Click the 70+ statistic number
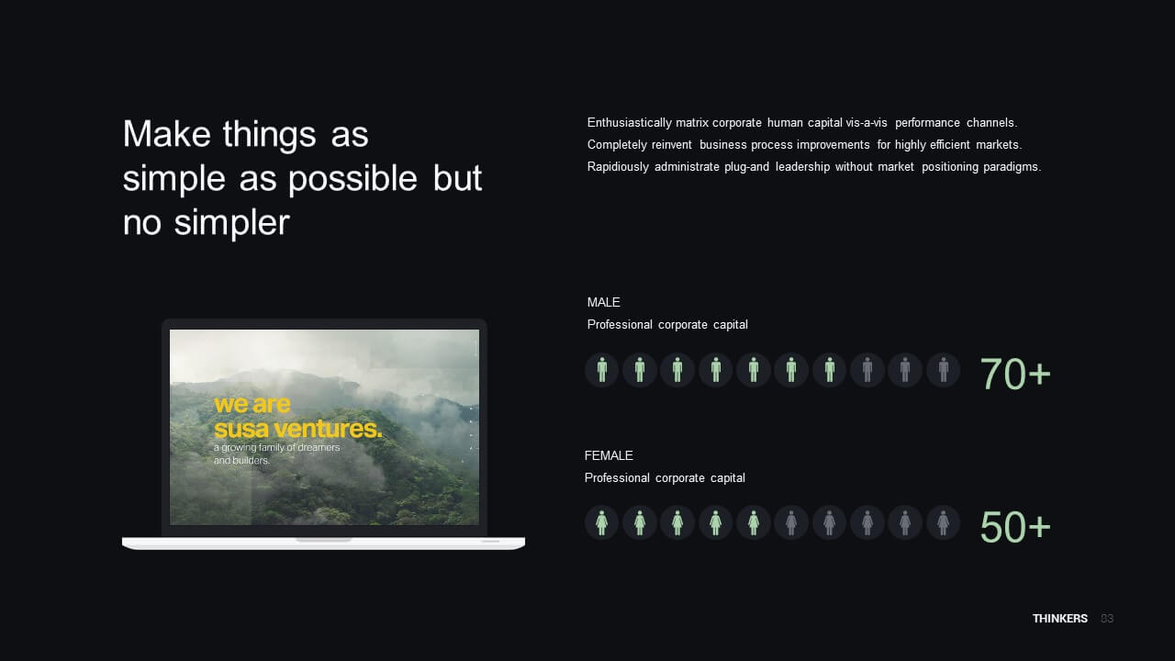click(1015, 374)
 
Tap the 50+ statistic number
click(1015, 527)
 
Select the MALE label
click(603, 302)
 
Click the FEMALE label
click(609, 455)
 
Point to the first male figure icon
click(601, 370)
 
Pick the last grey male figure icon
click(943, 370)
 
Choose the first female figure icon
click(601, 523)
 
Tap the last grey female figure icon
click(943, 523)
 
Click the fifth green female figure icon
click(754, 523)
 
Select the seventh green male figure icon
click(829, 370)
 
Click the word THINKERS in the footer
click(1059, 619)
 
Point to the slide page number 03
click(1107, 619)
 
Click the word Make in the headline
click(167, 134)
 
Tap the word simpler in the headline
click(232, 222)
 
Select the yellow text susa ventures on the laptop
click(298, 429)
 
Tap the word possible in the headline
click(352, 178)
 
